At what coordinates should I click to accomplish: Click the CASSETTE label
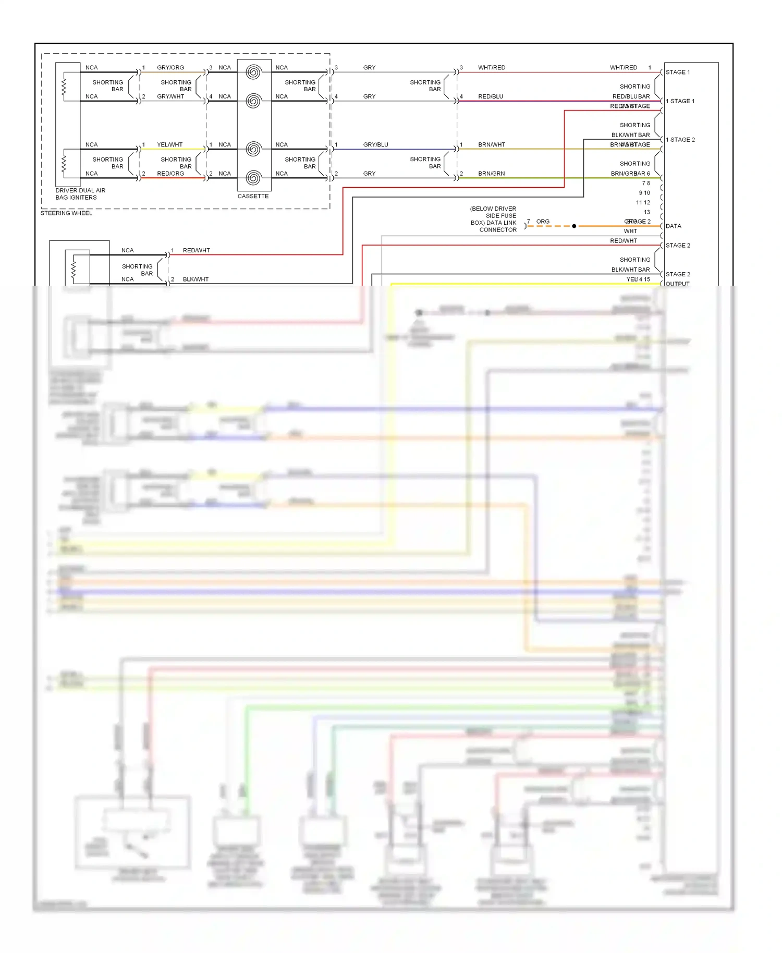click(253, 196)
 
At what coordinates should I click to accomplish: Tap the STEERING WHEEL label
click(66, 213)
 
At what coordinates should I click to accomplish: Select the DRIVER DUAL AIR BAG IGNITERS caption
click(80, 194)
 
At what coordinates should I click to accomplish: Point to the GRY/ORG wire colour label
click(170, 68)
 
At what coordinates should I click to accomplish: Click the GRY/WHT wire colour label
click(170, 96)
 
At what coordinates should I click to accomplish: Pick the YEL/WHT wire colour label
click(169, 145)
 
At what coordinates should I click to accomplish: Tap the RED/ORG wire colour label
click(170, 174)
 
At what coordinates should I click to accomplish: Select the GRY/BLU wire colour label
click(375, 145)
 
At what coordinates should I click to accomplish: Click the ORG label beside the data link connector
click(543, 222)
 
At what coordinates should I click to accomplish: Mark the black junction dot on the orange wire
click(574, 226)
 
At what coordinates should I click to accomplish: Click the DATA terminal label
click(673, 226)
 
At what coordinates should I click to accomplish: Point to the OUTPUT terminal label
click(677, 284)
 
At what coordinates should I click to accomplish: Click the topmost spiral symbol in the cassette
click(253, 72)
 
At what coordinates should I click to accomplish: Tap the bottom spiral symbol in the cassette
click(253, 178)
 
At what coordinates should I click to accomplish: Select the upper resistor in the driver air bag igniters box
click(64, 87)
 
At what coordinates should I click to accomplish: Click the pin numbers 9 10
click(644, 193)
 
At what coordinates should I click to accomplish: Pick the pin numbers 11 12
click(643, 203)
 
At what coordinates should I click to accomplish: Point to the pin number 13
click(647, 212)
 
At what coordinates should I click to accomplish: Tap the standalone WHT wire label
click(630, 231)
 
